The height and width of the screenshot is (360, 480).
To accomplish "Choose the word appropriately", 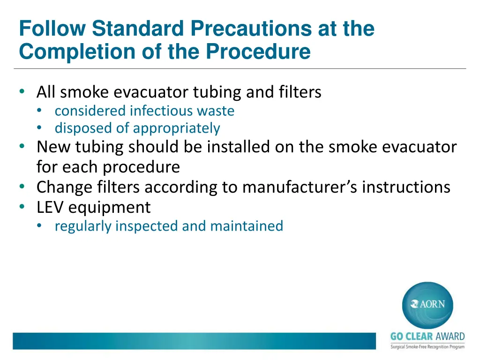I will [x=176, y=128].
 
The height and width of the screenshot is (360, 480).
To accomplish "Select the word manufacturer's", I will [x=299, y=187].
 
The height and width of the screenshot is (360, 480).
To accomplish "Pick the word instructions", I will [x=406, y=187].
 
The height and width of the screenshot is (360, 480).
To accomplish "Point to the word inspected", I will [x=147, y=226].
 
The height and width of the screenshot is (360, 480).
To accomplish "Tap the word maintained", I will [x=247, y=226].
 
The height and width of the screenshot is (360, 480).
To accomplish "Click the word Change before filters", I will [x=65, y=187].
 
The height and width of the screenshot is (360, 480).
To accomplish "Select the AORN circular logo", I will [x=427, y=304].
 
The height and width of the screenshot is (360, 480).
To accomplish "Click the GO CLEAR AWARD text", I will [x=427, y=337].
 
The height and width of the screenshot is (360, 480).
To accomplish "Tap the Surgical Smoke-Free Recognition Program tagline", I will [x=427, y=346].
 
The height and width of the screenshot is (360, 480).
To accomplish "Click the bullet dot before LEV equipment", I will [x=22, y=207].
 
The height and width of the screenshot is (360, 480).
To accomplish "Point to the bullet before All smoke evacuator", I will [x=22, y=92].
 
